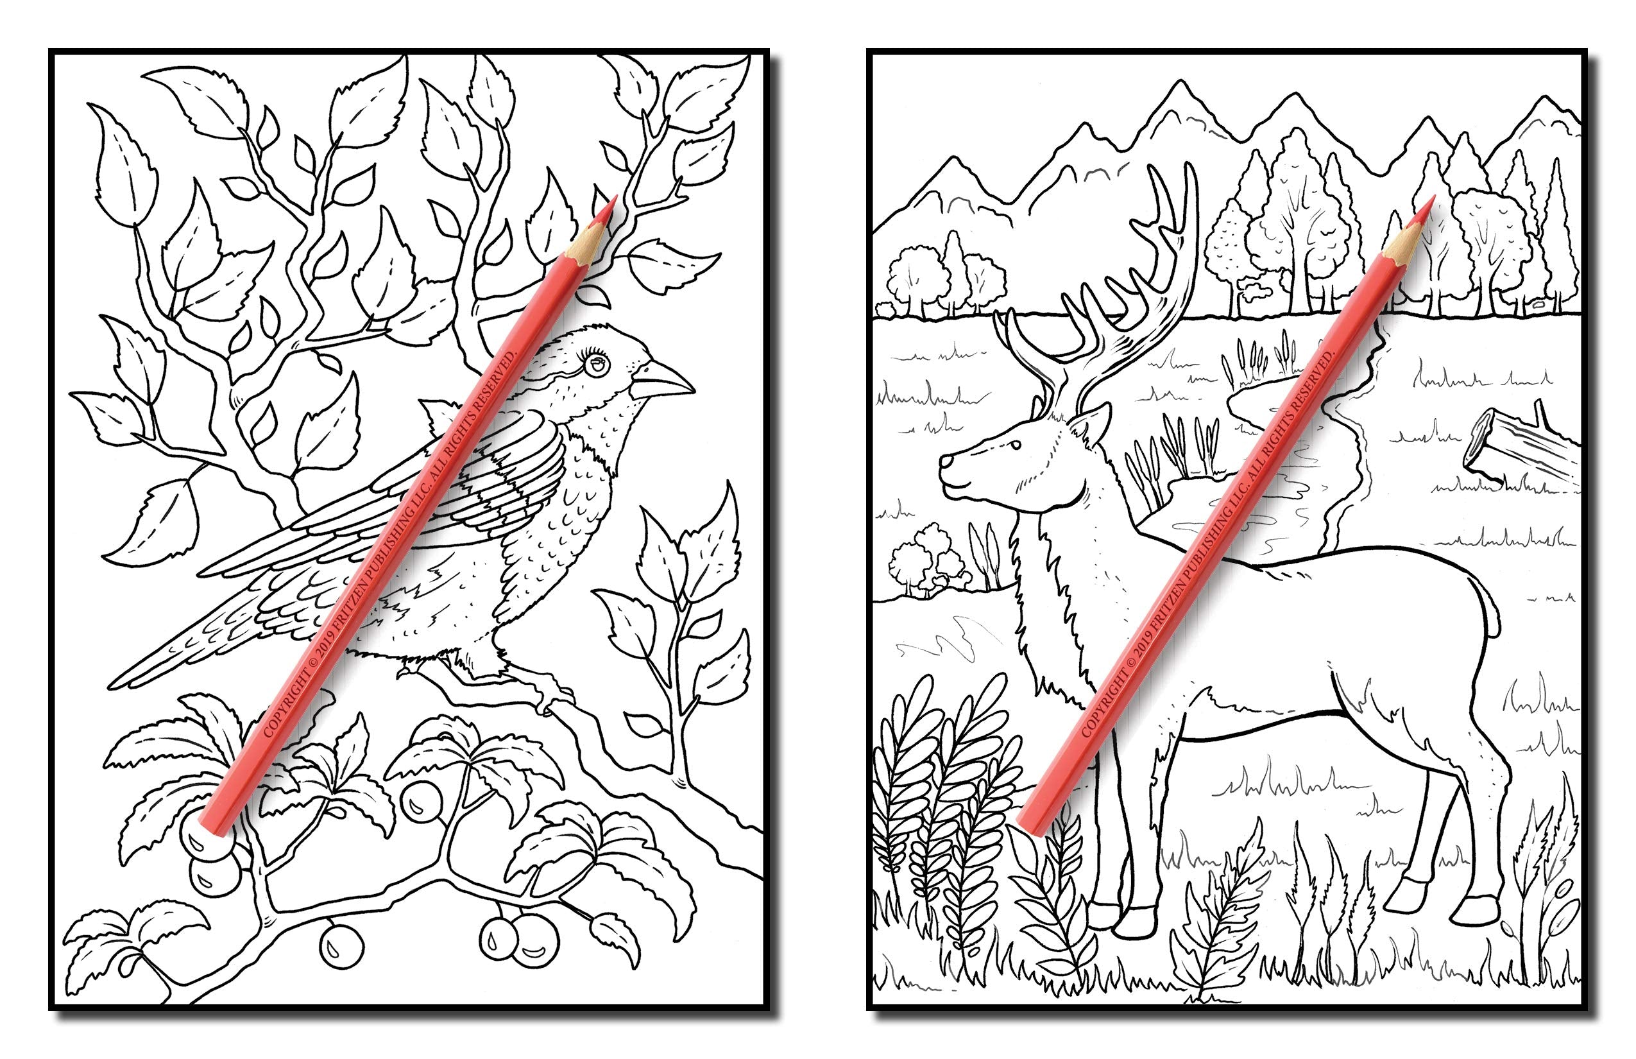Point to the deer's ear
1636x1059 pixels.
click(x=1093, y=421)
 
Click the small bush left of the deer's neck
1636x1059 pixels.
click(x=925, y=560)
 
